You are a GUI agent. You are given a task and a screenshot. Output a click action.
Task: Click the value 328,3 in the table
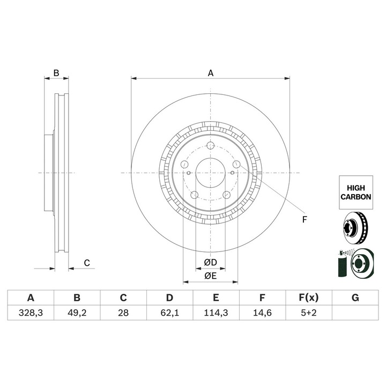click(31, 313)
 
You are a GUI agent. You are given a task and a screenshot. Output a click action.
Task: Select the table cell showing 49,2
click(77, 313)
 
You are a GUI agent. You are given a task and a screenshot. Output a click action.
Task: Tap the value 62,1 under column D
click(169, 313)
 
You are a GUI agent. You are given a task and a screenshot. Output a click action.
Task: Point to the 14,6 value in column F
click(262, 313)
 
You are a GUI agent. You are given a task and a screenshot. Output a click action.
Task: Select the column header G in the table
click(354, 298)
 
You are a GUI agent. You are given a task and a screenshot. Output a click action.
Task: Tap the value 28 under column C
click(123, 313)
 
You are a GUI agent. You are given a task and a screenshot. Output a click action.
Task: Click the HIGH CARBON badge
click(355, 192)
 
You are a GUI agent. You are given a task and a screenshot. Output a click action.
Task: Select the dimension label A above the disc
click(211, 73)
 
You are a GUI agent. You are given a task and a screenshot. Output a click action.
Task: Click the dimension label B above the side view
click(55, 73)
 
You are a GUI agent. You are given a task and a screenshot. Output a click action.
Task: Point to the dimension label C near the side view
click(86, 262)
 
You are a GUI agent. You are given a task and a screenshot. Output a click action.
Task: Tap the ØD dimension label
click(210, 263)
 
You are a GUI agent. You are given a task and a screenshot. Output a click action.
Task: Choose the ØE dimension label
click(210, 276)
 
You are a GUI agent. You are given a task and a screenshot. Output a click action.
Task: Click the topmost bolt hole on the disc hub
click(210, 146)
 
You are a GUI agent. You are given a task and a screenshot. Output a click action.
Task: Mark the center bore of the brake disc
click(210, 173)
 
